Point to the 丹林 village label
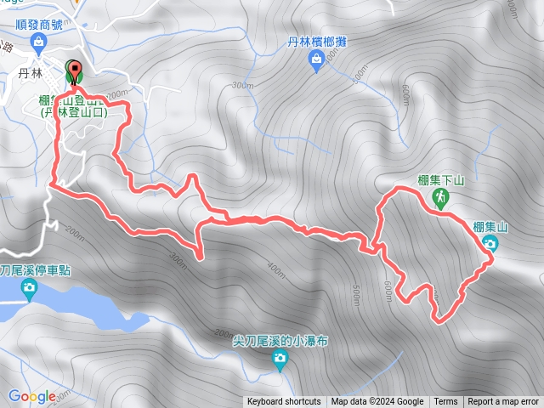tap(30, 74)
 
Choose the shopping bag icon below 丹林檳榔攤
tap(316, 59)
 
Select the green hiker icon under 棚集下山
tap(440, 197)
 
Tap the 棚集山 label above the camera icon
tap(490, 227)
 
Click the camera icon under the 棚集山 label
tap(490, 244)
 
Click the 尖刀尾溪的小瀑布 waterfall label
tap(280, 341)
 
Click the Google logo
tap(32, 396)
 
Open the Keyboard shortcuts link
tap(284, 402)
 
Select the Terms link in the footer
tap(445, 402)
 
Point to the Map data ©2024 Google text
tap(377, 402)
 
